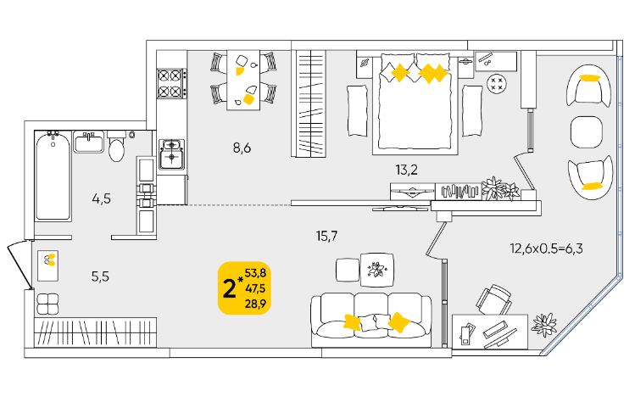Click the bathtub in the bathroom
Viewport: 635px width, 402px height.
pos(53,176)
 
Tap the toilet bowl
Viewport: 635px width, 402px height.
pos(117,146)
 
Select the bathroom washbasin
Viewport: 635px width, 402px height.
pos(89,142)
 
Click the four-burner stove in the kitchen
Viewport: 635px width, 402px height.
pos(172,83)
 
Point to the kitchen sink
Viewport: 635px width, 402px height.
pos(172,154)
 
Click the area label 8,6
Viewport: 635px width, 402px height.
pos(242,148)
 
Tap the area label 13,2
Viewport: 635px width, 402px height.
pos(406,170)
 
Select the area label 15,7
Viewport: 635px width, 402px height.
pos(326,236)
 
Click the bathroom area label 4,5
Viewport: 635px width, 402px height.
pos(101,199)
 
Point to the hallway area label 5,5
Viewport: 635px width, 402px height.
pos(100,276)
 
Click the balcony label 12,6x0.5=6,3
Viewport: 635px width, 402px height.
pos(546,248)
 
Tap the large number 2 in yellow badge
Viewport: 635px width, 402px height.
pos(229,289)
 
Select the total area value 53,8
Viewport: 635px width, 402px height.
pos(255,273)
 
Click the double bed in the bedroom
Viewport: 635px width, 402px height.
pos(415,103)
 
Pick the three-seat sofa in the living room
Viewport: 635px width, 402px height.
pos(371,320)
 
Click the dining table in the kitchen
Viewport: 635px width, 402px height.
pos(243,80)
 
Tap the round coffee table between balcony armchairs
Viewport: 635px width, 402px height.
pos(587,132)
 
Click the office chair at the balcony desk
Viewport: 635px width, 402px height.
pos(494,299)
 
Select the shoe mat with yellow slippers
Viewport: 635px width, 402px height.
pos(47,265)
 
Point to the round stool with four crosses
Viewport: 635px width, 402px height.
pos(497,84)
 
